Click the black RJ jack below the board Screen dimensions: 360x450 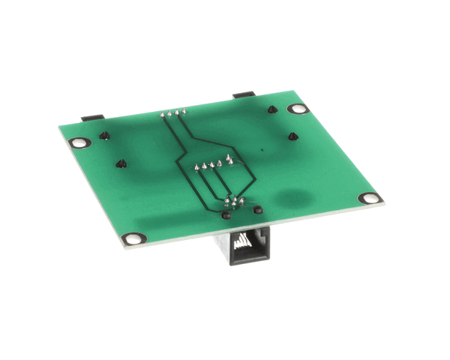pyautogui.click(x=241, y=247)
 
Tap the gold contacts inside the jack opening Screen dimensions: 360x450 pyautogui.click(x=241, y=241)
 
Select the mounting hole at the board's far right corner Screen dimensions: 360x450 pyautogui.click(x=368, y=199)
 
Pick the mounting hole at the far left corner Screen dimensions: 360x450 pyautogui.click(x=76, y=142)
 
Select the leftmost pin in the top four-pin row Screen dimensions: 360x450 pyautogui.click(x=162, y=115)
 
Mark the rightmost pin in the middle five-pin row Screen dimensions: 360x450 pyautogui.click(x=228, y=160)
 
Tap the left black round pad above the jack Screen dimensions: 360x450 pyautogui.click(x=225, y=215)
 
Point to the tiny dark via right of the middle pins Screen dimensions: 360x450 pyautogui.click(x=262, y=152)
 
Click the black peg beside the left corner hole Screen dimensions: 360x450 pyautogui.click(x=105, y=136)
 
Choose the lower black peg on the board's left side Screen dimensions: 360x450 pyautogui.click(x=120, y=163)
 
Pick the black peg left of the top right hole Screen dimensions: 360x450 pyautogui.click(x=272, y=109)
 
